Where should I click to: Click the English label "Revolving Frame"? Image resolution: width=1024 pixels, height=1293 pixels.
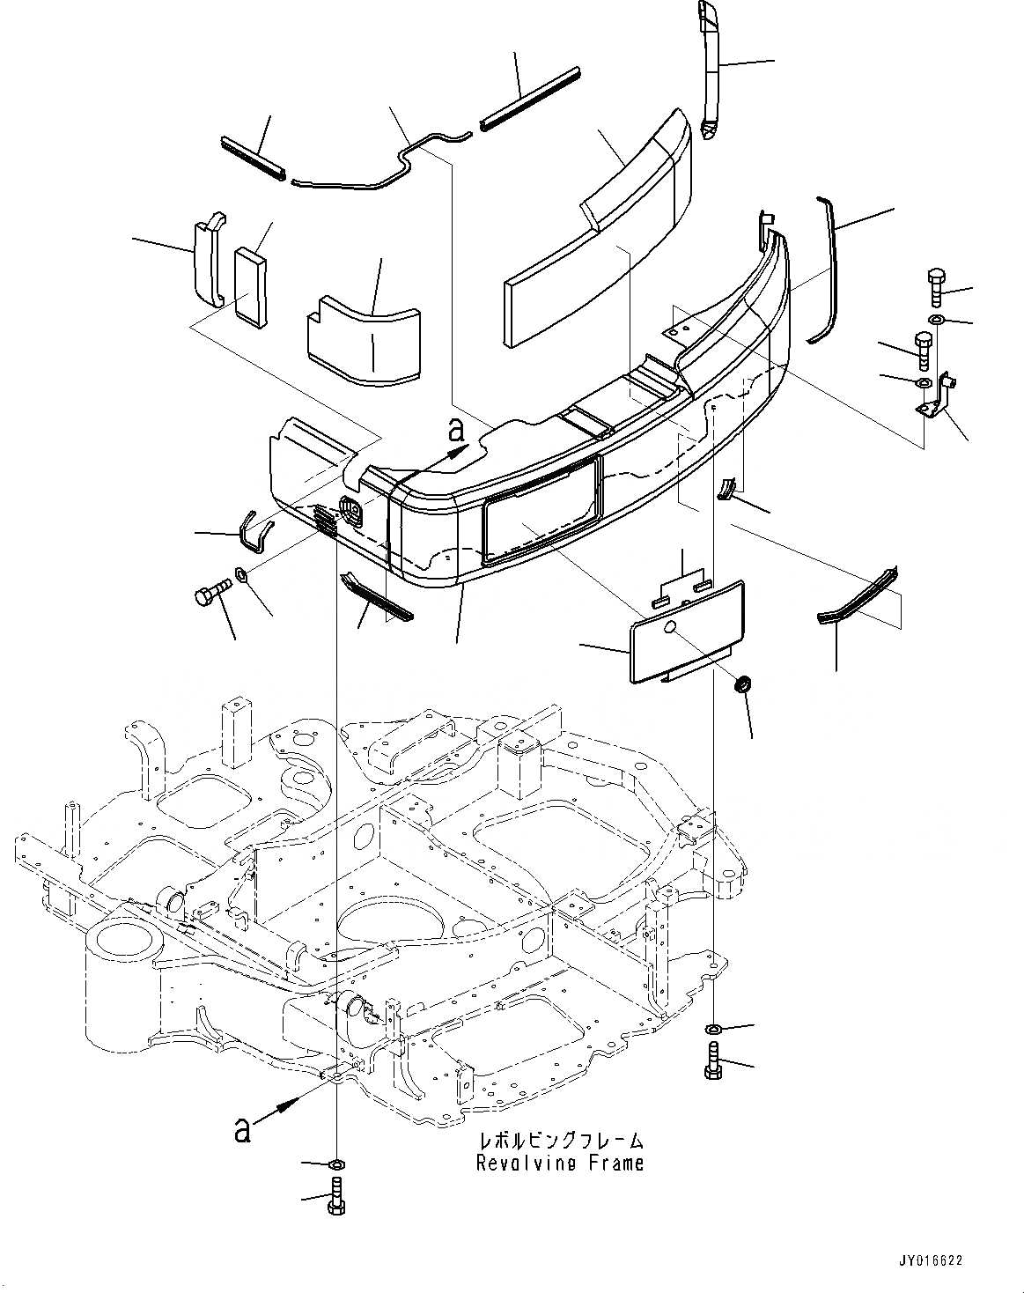coord(560,1163)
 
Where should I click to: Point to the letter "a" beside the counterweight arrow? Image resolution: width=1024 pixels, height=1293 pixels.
coord(455,429)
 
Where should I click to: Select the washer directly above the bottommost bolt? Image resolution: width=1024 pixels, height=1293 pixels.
coord(336,1165)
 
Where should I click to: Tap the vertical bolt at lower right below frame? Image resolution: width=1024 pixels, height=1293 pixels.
coord(712,1060)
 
